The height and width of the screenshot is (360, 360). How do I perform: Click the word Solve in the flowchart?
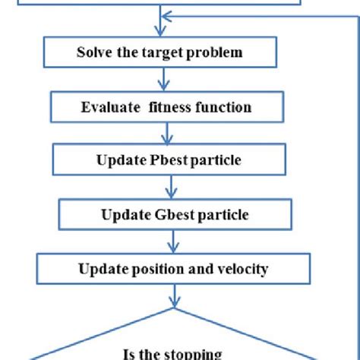point(94,53)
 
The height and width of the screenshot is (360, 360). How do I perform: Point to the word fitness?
point(170,107)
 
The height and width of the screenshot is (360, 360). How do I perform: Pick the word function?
point(223,107)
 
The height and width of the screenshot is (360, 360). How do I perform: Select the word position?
point(151,269)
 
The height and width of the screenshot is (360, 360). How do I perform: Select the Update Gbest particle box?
point(174,214)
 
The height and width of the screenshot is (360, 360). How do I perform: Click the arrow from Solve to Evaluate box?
point(162,80)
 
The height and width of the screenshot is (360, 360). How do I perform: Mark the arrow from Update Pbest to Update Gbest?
point(171,188)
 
